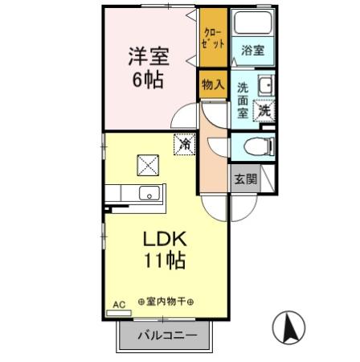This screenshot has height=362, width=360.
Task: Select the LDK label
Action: [165, 239]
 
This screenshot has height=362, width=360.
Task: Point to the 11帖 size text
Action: [166, 261]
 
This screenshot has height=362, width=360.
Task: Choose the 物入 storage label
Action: [212, 84]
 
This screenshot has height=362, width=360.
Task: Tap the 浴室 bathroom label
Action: [252, 50]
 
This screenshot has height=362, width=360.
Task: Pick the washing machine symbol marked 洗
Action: [264, 112]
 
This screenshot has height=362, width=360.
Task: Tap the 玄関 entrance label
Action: [245, 179]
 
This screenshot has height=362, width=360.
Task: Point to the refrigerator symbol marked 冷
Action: [185, 145]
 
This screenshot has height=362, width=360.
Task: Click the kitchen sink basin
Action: [149, 194]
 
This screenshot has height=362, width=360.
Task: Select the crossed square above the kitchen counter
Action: [149, 165]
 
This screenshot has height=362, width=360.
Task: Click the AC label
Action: [119, 304]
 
